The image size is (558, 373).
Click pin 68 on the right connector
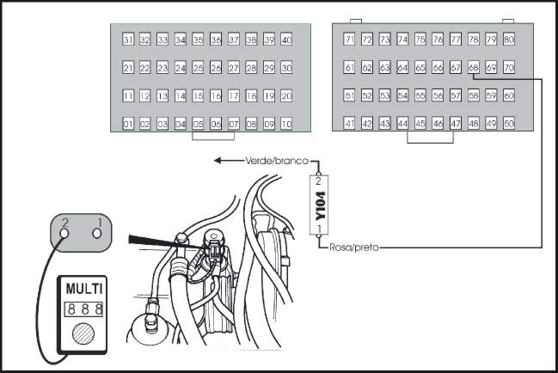pyautogui.click(x=473, y=67)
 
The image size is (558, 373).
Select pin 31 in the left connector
pyautogui.click(x=128, y=40)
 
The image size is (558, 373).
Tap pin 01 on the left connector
pyautogui.click(x=128, y=124)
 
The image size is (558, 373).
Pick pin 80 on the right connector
pyautogui.click(x=509, y=40)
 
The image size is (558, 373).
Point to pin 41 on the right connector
pyautogui.click(x=349, y=124)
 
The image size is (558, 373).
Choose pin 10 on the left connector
pyautogui.click(x=286, y=124)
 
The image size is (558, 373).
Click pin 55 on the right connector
pyautogui.click(x=420, y=95)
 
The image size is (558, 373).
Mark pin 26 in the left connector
pyautogui.click(x=216, y=68)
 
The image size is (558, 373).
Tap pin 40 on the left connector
pyautogui.click(x=286, y=40)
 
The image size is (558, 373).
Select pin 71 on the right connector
pyautogui.click(x=349, y=40)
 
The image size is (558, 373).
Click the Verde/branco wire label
pyautogui.click(x=277, y=161)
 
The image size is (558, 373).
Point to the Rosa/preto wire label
pyautogui.click(x=354, y=248)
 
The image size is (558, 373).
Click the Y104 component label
pyautogui.click(x=321, y=205)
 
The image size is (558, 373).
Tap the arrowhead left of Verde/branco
pyautogui.click(x=218, y=161)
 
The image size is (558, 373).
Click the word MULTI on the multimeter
pyautogui.click(x=84, y=289)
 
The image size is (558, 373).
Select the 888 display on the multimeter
pyautogui.click(x=84, y=309)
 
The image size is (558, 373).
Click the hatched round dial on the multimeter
pyautogui.click(x=83, y=333)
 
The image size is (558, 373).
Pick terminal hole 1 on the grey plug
pyautogui.click(x=97, y=233)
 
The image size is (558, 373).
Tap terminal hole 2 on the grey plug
pyautogui.click(x=64, y=233)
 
